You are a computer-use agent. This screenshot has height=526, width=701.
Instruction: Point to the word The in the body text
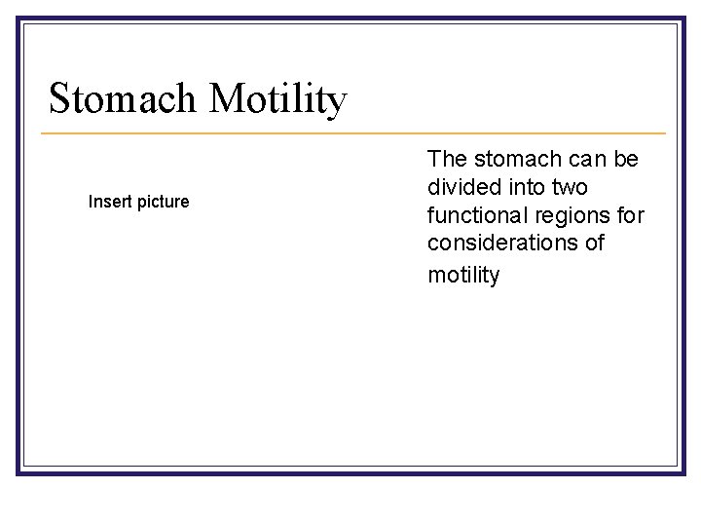tap(448, 158)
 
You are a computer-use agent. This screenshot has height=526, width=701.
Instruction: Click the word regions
tap(572, 214)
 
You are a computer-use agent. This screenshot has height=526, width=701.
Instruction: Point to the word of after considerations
tap(595, 244)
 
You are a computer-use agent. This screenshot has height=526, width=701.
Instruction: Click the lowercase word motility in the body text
tap(463, 275)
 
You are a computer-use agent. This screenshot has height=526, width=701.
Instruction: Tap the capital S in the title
tap(59, 99)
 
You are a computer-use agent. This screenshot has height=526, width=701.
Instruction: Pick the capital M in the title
tap(225, 99)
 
